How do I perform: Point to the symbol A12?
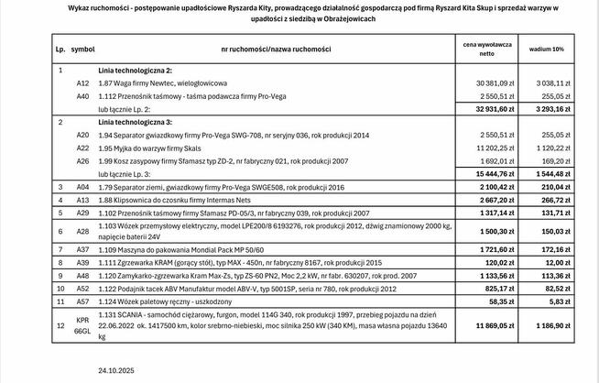click(82, 82)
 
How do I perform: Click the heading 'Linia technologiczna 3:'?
click(136, 121)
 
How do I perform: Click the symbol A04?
click(82, 186)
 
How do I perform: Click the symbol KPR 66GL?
click(82, 324)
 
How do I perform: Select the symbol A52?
click(82, 287)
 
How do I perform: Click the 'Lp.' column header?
click(61, 48)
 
